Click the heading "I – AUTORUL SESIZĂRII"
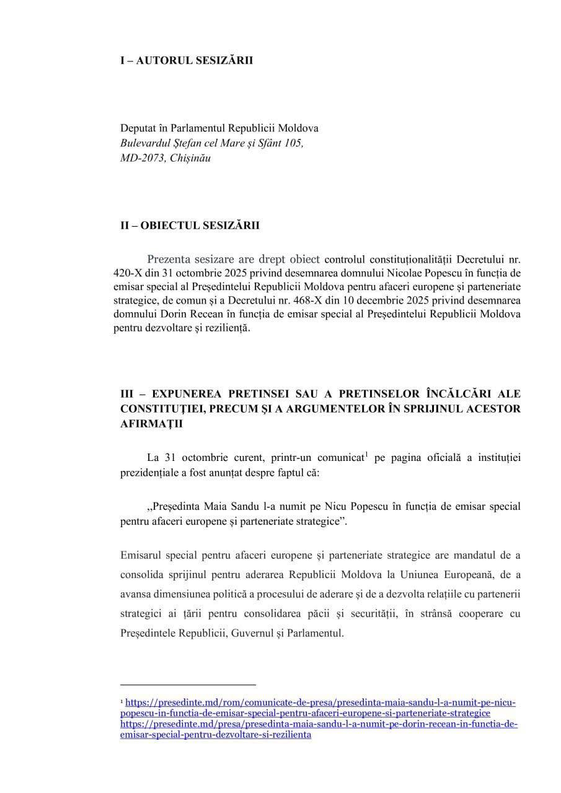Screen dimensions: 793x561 pos(186,61)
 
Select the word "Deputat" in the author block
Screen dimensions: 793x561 pos(138,128)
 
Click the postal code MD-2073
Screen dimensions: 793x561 pos(143,158)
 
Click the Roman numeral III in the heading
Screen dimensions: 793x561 pos(128,394)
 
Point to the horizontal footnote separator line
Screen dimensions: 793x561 pos(187,685)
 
